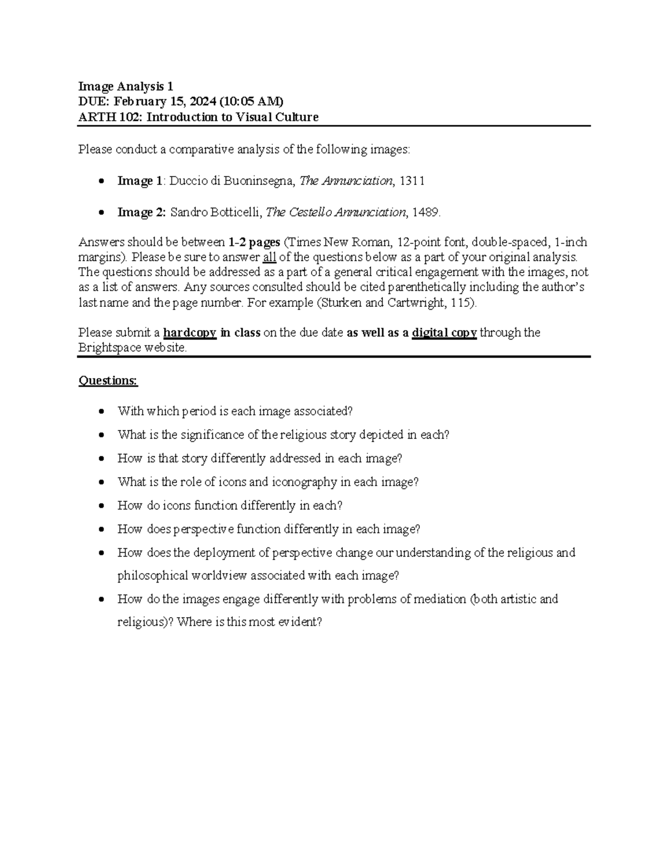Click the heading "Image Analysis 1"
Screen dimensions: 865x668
coord(126,86)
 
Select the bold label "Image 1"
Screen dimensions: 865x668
coord(140,181)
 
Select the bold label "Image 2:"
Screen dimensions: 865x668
coord(141,212)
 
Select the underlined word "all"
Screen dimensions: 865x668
coord(269,257)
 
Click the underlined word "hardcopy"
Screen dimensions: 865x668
coord(189,333)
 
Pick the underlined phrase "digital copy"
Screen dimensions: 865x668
coord(444,333)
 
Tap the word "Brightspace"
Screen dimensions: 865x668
coord(110,348)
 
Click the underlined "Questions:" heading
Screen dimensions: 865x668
coord(108,380)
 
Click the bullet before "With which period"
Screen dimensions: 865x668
coord(101,412)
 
